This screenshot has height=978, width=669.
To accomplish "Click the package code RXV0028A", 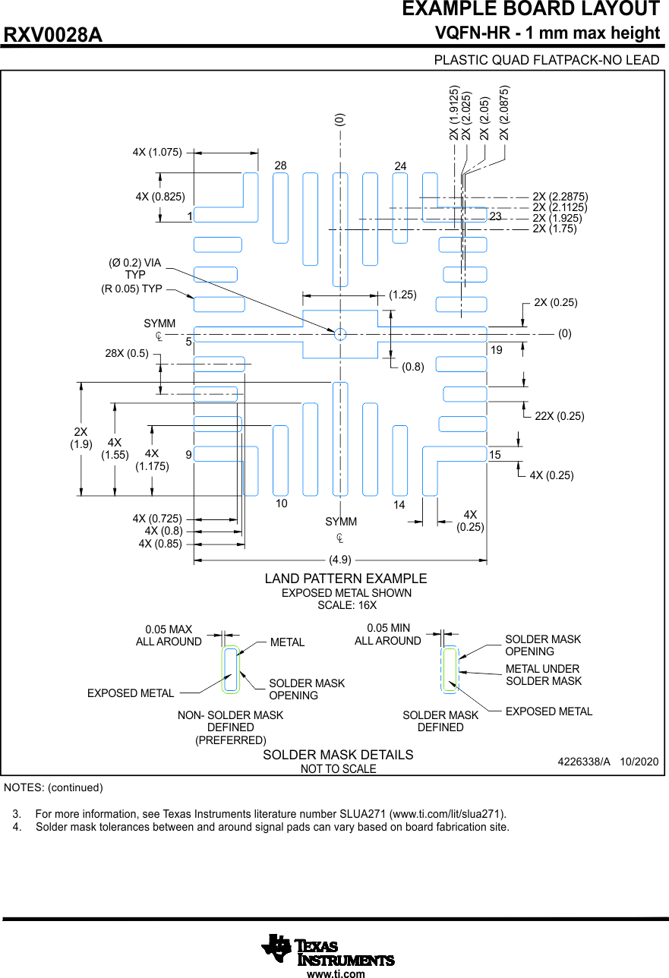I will [53, 36].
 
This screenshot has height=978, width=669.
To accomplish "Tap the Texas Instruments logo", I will [328, 949].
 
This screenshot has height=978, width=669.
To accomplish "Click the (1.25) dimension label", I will [402, 295].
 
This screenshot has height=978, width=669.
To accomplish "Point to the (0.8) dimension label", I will [413, 367].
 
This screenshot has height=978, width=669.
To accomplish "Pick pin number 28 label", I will [281, 166].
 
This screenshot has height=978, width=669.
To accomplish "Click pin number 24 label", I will [401, 166].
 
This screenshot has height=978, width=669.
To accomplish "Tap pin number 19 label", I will [496, 350].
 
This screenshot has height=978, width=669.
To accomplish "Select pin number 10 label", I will [281, 503].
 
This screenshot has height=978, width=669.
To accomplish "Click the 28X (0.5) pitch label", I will [127, 353].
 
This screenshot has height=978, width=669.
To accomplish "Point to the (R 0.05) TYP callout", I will [132, 289].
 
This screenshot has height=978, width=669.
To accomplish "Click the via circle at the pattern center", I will [340, 333].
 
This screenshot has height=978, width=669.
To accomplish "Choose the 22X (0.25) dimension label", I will [560, 416].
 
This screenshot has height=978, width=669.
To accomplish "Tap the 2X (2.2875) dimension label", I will [560, 197].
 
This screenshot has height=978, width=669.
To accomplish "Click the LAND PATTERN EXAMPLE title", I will [346, 579].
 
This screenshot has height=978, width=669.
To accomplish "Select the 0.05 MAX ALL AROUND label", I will [169, 636].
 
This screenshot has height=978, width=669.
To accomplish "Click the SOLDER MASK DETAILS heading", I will [338, 755].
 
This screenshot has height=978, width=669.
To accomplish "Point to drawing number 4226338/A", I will [584, 761].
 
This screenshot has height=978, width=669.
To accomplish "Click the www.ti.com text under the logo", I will [336, 973].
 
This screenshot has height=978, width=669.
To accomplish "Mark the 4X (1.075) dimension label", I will [157, 152].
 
